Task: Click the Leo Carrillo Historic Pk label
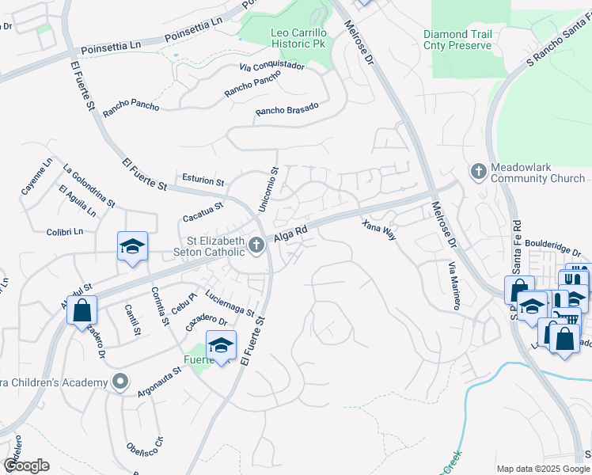pyautogui.click(x=298, y=38)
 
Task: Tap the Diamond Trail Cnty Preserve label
pyautogui.click(x=457, y=40)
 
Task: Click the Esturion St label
pyautogui.click(x=203, y=180)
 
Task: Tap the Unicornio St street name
pyautogui.click(x=269, y=188)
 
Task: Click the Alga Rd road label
pyautogui.click(x=290, y=234)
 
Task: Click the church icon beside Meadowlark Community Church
pyautogui.click(x=478, y=172)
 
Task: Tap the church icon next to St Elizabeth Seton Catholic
pyautogui.click(x=256, y=246)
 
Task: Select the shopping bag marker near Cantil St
pyautogui.click(x=82, y=310)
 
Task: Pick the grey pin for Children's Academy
pyautogui.click(x=120, y=382)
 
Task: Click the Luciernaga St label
pyautogui.click(x=230, y=302)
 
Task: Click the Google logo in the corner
pyautogui.click(x=26, y=465)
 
